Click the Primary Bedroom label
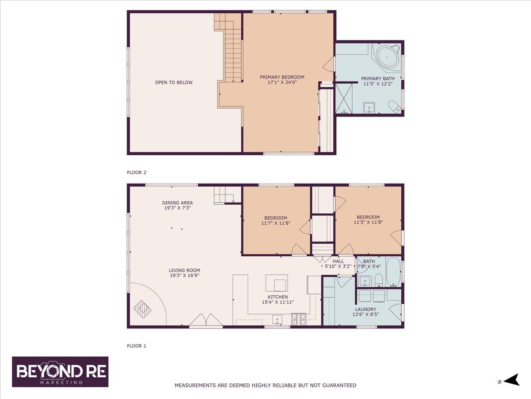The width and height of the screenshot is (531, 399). click(x=282, y=77)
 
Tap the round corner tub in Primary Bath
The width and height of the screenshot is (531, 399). click(x=387, y=58)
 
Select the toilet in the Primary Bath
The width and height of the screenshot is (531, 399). click(x=394, y=107)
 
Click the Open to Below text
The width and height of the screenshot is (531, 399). click(x=174, y=82)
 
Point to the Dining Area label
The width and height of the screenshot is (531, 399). click(x=177, y=203)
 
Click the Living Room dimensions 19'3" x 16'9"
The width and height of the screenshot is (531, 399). click(x=185, y=275)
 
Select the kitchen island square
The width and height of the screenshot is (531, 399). click(x=277, y=283)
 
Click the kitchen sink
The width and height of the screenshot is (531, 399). click(x=277, y=320)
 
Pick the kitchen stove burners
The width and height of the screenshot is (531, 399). click(x=299, y=319)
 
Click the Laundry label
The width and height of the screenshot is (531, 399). click(x=366, y=309)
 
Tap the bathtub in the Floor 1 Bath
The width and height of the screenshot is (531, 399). click(x=393, y=272)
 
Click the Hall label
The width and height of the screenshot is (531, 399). click(x=338, y=261)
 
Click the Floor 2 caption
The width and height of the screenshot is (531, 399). click(x=136, y=172)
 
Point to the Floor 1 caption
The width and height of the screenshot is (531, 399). click(x=136, y=346)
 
